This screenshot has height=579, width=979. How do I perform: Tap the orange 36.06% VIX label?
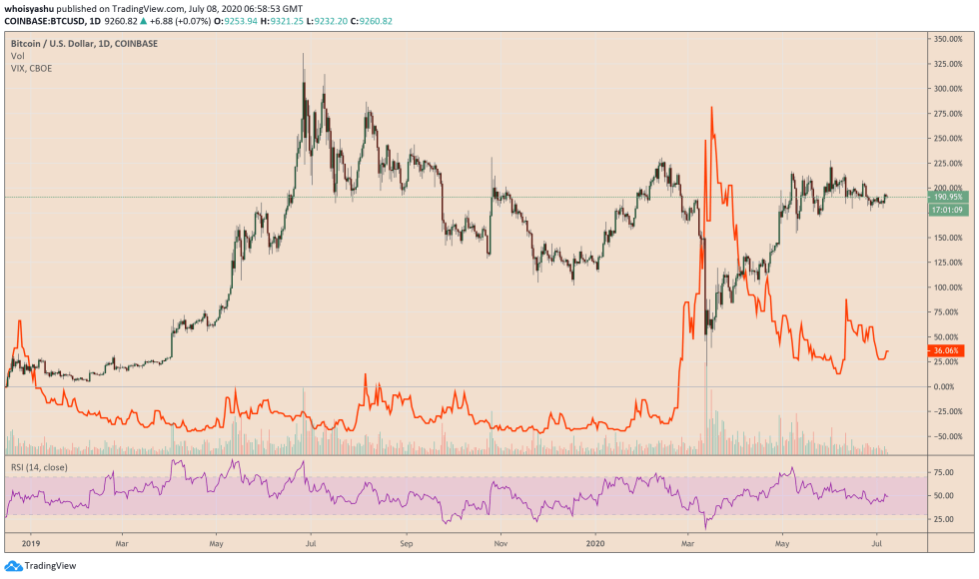click(947, 351)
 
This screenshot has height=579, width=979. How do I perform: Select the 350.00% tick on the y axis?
click(947, 39)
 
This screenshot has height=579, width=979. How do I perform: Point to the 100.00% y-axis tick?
click(947, 288)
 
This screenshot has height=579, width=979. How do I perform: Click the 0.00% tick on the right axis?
click(945, 386)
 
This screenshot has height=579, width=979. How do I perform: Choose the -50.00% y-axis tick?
click(947, 436)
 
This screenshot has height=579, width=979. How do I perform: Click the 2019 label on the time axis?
click(29, 545)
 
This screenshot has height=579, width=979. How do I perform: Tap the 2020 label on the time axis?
click(596, 545)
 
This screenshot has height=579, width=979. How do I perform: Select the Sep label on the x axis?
click(407, 545)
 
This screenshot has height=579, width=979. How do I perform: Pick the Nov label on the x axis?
click(502, 545)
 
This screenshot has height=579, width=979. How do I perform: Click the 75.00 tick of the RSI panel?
click(941, 471)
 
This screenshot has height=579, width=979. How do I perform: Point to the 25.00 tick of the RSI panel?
click(941, 519)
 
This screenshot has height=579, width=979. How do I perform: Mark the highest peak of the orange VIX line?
click(711, 108)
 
